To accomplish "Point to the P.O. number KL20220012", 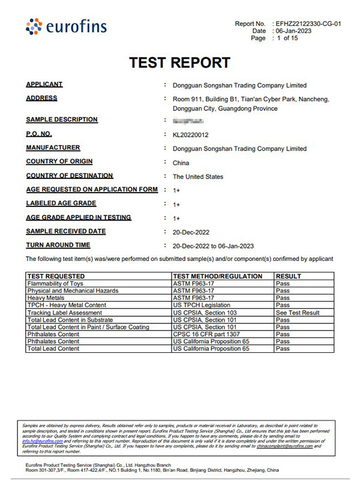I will click(190, 135).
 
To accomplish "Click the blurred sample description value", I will click(185, 121).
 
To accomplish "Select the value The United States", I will click(198, 177).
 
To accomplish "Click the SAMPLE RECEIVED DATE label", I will click(66, 231).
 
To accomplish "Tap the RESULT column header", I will click(289, 276).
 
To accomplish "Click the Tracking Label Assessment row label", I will click(68, 313).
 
